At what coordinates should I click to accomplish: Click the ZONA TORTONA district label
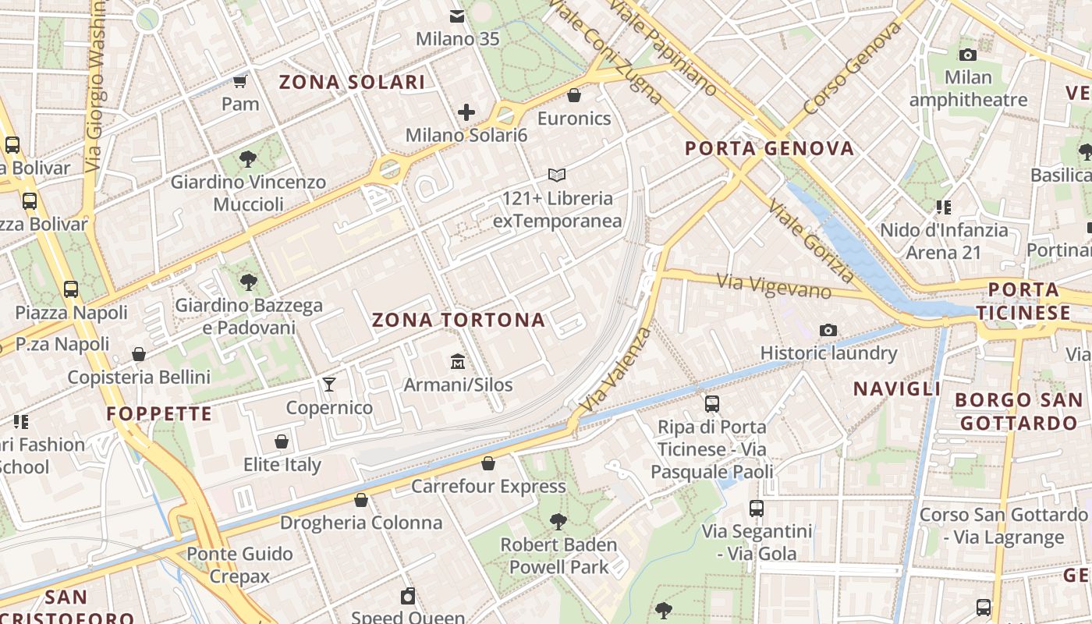[x=458, y=320]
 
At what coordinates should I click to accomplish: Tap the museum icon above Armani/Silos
[x=457, y=362]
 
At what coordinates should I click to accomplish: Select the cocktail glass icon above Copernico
[x=329, y=384]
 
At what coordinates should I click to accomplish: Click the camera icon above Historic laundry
[x=828, y=331]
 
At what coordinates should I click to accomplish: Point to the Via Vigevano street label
[x=774, y=285]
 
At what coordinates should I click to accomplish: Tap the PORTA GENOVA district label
[x=769, y=148]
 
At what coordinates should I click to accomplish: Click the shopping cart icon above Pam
[x=240, y=81]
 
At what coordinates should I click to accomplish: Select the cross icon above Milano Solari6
[x=466, y=112]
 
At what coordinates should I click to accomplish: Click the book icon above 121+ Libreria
[x=557, y=175]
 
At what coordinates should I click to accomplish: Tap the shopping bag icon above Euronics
[x=574, y=95]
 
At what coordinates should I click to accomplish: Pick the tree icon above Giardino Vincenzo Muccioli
[x=248, y=159]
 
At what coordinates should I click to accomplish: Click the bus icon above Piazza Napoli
[x=71, y=289]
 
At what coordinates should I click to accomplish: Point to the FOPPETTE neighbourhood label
[x=159, y=413]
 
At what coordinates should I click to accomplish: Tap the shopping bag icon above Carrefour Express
[x=488, y=463]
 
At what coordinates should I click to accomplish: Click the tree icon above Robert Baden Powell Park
[x=558, y=521]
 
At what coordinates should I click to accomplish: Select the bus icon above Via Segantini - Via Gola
[x=757, y=509]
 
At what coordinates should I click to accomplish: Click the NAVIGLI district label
[x=897, y=388]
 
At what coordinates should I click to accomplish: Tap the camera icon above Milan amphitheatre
[x=968, y=55]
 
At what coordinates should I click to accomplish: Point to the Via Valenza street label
[x=616, y=370]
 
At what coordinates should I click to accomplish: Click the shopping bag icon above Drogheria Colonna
[x=361, y=500]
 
